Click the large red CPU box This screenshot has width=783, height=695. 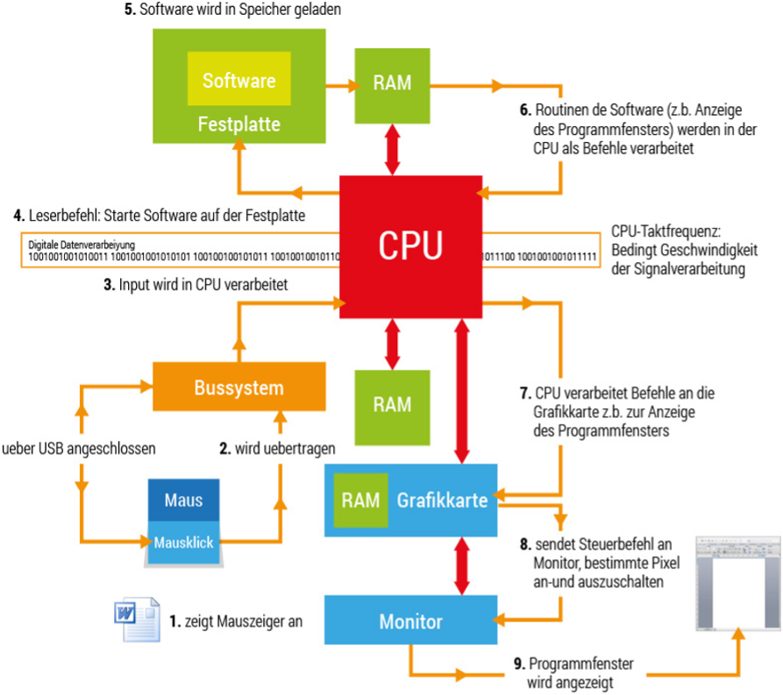tap(410, 246)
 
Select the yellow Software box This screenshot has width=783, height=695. tap(239, 82)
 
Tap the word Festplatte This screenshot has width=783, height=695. tap(238, 124)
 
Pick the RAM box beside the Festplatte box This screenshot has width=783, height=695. tap(392, 84)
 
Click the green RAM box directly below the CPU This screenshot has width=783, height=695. tap(392, 404)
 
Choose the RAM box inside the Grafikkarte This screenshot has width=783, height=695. tap(360, 500)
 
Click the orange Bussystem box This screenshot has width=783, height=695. tap(239, 387)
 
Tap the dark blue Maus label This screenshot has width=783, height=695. tap(183, 500)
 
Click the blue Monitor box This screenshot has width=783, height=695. tap(410, 621)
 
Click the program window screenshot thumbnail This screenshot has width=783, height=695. tap(733, 580)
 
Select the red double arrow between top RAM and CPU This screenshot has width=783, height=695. tap(392, 149)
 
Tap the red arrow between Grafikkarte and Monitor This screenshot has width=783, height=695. tap(460, 565)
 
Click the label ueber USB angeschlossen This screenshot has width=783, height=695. tap(79, 449)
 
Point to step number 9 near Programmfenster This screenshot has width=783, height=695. tap(520, 664)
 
